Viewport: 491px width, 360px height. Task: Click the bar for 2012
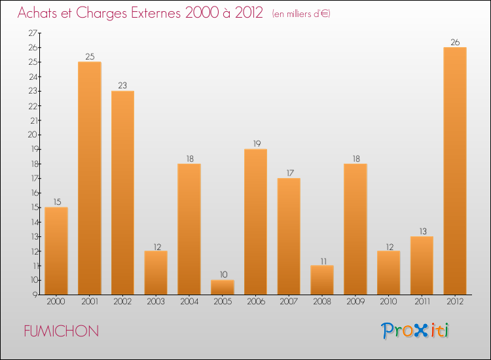pyautogui.click(x=454, y=171)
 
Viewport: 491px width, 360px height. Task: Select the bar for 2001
pyautogui.click(x=89, y=178)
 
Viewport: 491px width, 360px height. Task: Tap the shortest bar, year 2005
pyautogui.click(x=222, y=287)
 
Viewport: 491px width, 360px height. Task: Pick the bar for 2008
pyautogui.click(x=322, y=280)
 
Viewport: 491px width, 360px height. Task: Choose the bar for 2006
pyautogui.click(x=255, y=222)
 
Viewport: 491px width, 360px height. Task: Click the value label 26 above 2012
pyautogui.click(x=454, y=43)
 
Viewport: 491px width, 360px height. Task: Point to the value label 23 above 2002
pyautogui.click(x=122, y=86)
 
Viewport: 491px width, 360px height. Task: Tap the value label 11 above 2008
pyautogui.click(x=322, y=261)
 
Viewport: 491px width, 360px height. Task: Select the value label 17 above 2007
pyautogui.click(x=289, y=173)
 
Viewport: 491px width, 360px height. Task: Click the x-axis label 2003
pyautogui.click(x=156, y=302)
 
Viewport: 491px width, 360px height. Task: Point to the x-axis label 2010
pyautogui.click(x=388, y=302)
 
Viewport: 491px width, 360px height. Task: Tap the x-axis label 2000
pyautogui.click(x=56, y=302)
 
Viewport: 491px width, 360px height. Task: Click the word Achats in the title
pyautogui.click(x=37, y=14)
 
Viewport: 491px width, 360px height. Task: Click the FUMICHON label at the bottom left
pyautogui.click(x=61, y=331)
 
